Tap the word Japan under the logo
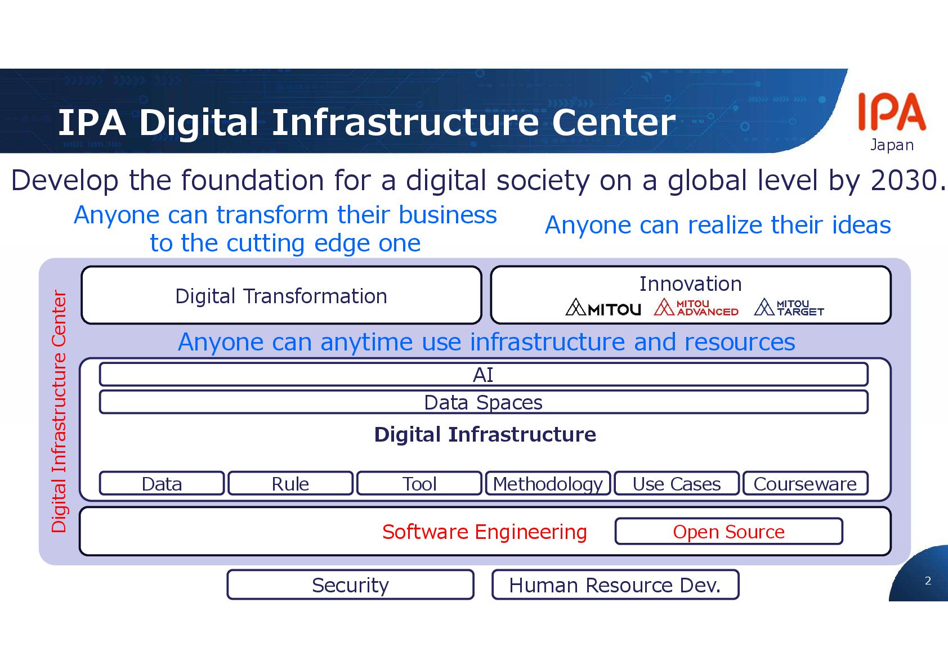coord(892,145)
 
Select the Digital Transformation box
coord(281,296)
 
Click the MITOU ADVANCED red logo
coord(696,308)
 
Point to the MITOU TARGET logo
coord(789,308)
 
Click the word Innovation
coord(690,284)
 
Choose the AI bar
coord(483,375)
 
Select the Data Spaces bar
coord(483,403)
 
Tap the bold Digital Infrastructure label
coord(485,434)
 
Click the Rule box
coord(290,484)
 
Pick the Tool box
coord(419,484)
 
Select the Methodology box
coord(548,484)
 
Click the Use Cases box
coord(676,484)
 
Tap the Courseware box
coord(805,484)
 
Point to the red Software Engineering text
coord(484,532)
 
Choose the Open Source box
coord(728,532)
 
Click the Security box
coord(350,585)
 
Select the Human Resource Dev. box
coord(615,585)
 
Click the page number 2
coord(928,581)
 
